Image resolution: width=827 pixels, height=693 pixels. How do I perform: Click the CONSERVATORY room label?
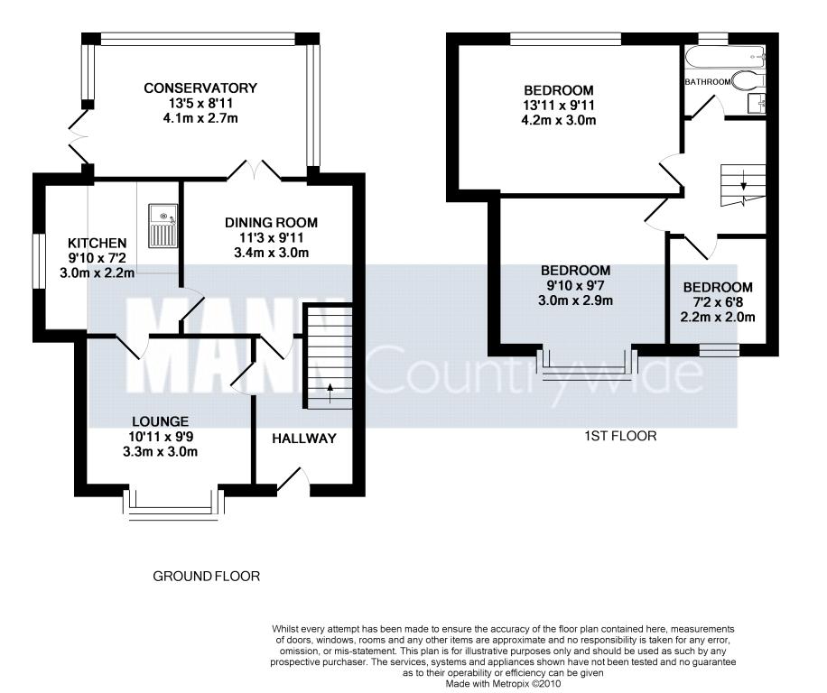[200, 88]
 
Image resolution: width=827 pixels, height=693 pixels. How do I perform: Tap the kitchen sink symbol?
[163, 226]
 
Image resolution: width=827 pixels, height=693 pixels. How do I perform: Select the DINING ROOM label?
[271, 223]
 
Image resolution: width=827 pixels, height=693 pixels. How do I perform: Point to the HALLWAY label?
[304, 439]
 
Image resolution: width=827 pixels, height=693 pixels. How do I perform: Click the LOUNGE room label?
[161, 421]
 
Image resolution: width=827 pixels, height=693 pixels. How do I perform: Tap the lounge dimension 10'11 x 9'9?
[161, 437]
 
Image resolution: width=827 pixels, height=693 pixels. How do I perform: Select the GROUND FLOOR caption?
[206, 577]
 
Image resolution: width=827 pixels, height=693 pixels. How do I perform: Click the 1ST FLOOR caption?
[621, 436]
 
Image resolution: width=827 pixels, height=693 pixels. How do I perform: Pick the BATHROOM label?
[708, 82]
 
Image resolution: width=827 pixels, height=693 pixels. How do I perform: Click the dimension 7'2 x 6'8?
[718, 302]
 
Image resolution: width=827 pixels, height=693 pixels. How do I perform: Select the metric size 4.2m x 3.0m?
[559, 120]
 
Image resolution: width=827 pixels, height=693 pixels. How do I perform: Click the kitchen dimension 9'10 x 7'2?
[97, 258]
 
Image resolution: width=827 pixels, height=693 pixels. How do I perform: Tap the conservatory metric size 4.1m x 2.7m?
[200, 118]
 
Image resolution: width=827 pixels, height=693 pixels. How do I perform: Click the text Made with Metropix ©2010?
[504, 684]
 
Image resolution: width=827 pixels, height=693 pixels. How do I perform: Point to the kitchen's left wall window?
[39, 262]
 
